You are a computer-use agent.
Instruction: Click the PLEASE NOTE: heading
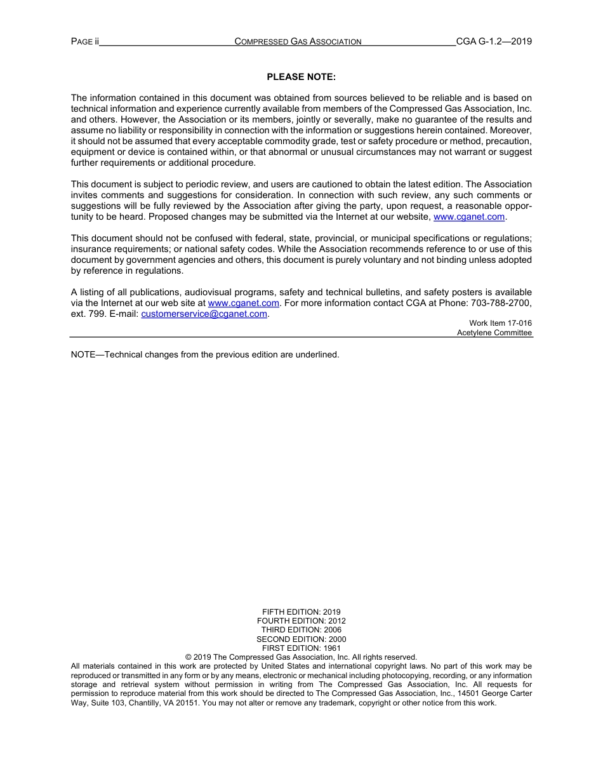(x=301, y=77)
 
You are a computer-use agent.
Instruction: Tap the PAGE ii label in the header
(x=85, y=42)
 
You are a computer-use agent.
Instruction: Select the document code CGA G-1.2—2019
(x=494, y=42)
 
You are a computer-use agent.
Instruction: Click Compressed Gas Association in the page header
(x=298, y=42)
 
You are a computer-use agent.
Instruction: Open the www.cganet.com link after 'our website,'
(x=469, y=217)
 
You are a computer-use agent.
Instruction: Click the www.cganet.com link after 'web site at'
(x=243, y=303)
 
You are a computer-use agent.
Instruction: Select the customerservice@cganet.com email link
(x=204, y=314)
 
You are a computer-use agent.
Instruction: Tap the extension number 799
(x=98, y=314)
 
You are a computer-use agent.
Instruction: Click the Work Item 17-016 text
(x=500, y=323)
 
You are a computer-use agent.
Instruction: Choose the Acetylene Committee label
(x=494, y=333)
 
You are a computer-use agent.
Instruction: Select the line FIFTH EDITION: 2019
(x=301, y=612)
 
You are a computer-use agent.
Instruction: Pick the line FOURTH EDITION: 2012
(x=301, y=621)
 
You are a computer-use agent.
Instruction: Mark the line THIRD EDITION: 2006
(x=301, y=630)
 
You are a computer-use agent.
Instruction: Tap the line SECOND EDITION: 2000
(x=301, y=639)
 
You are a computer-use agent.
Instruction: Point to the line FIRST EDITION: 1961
(x=301, y=648)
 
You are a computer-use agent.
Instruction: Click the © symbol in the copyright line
(x=189, y=657)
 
